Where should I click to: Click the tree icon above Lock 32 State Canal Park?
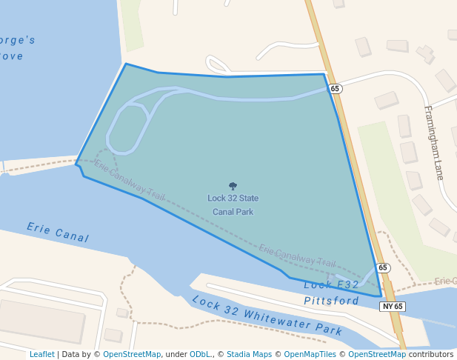point(233,187)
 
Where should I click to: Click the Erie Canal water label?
point(58,233)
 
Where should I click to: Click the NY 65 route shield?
point(393,306)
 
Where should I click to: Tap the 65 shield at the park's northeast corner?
point(336,89)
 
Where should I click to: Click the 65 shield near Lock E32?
point(382,267)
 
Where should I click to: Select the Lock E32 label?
point(331,285)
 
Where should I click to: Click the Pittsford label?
point(332,301)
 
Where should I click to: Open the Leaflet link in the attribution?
point(42,354)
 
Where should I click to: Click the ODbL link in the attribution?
point(200,354)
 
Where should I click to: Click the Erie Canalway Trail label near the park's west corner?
point(130,182)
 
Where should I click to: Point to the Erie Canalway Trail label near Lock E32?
point(297,256)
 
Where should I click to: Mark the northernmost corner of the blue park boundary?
point(126,64)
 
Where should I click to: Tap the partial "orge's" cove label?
point(17,41)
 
